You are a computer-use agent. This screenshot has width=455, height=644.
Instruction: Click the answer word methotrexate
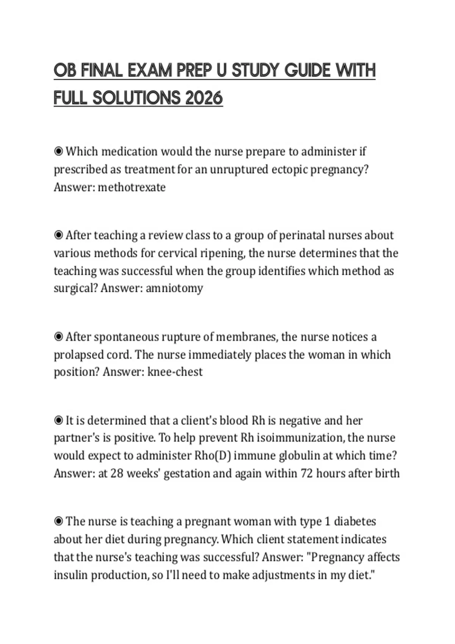[132, 187]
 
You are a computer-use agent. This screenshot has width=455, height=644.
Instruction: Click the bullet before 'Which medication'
[58, 152]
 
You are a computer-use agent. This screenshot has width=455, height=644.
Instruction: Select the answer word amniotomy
[174, 288]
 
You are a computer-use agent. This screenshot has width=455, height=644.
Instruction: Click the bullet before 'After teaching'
[58, 235]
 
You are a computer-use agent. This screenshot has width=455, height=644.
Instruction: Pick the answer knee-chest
[175, 372]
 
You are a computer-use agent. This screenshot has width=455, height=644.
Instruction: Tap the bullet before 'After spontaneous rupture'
[58, 337]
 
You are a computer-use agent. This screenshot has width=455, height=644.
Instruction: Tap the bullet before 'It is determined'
[58, 420]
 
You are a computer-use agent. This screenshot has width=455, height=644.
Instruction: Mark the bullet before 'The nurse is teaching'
[58, 522]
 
